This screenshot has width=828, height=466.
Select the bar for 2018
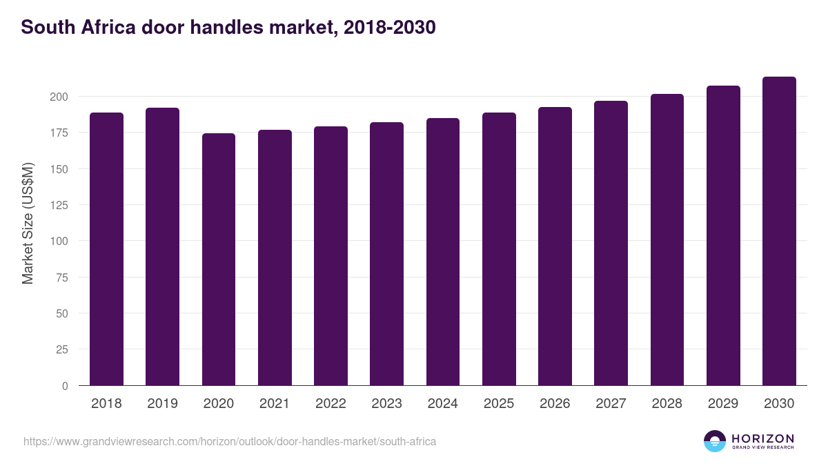tap(106, 249)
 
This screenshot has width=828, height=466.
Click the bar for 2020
tap(219, 260)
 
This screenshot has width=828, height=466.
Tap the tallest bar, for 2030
tap(779, 231)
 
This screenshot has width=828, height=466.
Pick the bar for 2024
tap(443, 252)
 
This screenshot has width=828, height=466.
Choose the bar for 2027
tap(611, 243)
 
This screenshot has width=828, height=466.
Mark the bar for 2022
tap(331, 256)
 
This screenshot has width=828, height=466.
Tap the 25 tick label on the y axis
tap(61, 350)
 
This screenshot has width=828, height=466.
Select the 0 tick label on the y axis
tap(65, 386)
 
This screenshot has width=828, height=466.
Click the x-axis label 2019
tap(162, 404)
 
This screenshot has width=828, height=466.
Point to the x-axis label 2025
tap(499, 404)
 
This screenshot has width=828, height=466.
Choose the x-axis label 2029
tap(723, 404)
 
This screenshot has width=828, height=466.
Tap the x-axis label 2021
tap(275, 404)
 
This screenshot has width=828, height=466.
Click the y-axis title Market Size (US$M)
tap(28, 224)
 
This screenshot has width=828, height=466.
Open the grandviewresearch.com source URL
tap(230, 441)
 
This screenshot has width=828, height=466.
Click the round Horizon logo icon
tap(715, 441)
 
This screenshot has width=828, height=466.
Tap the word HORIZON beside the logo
tap(762, 438)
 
